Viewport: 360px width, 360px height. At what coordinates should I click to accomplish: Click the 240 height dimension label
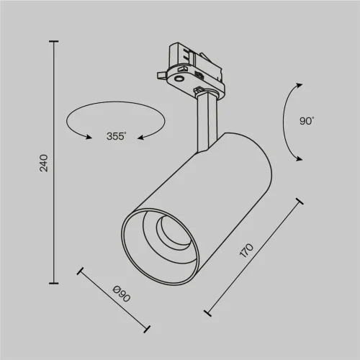(x=43, y=163)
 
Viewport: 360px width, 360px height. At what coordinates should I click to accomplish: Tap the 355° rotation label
(x=116, y=136)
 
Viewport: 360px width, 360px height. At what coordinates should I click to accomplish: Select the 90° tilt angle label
(x=307, y=122)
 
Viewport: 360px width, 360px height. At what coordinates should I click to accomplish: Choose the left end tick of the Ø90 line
(x=80, y=271)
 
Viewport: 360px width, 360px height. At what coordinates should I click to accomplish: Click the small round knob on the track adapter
(x=179, y=78)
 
